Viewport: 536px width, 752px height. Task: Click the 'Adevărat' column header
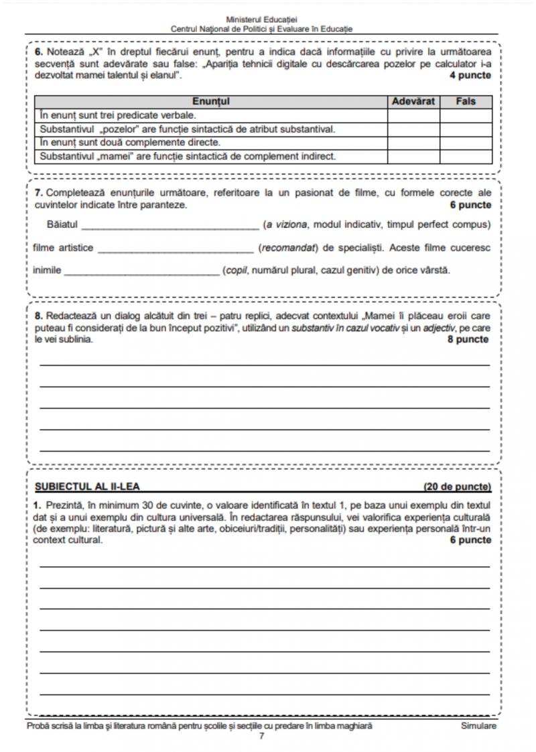point(413,102)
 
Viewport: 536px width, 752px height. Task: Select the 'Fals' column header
point(466,102)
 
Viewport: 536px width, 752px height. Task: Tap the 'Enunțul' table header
point(211,102)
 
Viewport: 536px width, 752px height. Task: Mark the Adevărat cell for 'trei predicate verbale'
point(413,115)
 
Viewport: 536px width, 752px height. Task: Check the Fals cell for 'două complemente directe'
point(466,142)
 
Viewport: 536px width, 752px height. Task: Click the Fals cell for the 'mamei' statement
point(466,156)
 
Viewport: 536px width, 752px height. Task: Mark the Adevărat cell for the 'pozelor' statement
point(413,129)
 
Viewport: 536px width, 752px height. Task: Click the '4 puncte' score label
point(470,75)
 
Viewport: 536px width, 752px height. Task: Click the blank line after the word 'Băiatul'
point(169,225)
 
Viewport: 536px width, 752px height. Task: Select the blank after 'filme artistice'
point(176,249)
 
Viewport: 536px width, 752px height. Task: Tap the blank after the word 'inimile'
point(143,272)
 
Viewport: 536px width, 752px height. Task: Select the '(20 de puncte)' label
point(457,487)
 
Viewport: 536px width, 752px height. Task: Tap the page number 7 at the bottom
point(262,736)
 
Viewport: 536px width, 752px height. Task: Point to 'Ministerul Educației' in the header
point(262,21)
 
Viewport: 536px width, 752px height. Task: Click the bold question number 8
point(38,315)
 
